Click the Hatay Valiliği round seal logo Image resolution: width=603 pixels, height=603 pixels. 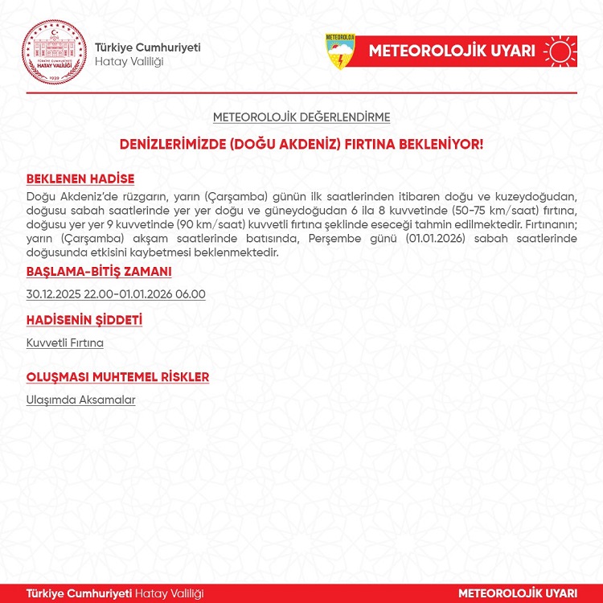coord(53,49)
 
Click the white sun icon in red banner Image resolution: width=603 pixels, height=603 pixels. coord(560,51)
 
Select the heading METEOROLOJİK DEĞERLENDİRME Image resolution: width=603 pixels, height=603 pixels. coord(301,117)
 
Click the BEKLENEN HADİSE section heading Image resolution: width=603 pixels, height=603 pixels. coord(80,179)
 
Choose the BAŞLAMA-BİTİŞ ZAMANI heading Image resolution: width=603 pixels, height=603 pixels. coord(99,272)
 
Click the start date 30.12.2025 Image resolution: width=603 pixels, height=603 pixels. coord(55,294)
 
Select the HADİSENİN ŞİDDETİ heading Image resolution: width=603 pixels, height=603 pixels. coord(84,321)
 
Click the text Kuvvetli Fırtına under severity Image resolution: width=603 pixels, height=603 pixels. coord(65,343)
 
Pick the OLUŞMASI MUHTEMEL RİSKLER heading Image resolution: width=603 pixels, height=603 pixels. coord(117,377)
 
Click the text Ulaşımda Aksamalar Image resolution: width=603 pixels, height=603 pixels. coord(80,400)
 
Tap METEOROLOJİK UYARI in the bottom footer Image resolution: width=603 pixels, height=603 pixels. coord(518,593)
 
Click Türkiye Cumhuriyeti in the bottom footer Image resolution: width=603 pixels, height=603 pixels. coord(79,593)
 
